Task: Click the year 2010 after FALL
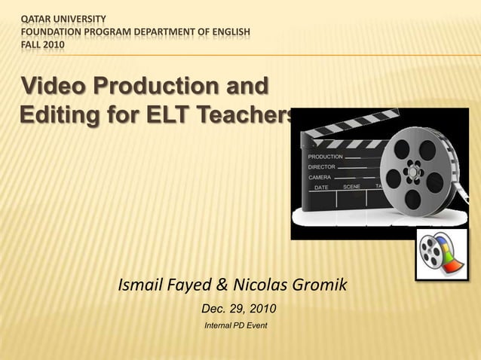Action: [54, 46]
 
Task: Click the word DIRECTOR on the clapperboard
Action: [323, 166]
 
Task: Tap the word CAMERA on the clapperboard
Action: [320, 176]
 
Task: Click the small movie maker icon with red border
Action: [441, 254]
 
